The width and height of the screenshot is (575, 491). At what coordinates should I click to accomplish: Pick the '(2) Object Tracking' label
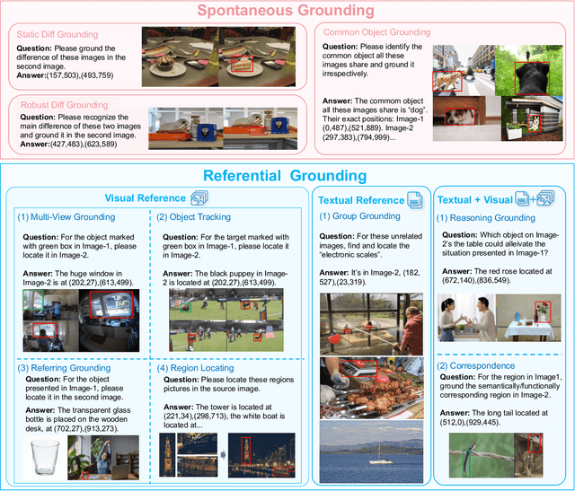(x=192, y=216)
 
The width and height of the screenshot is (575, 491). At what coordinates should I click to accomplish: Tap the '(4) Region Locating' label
(x=197, y=367)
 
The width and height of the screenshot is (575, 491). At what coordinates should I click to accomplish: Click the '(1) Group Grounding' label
(x=360, y=216)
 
